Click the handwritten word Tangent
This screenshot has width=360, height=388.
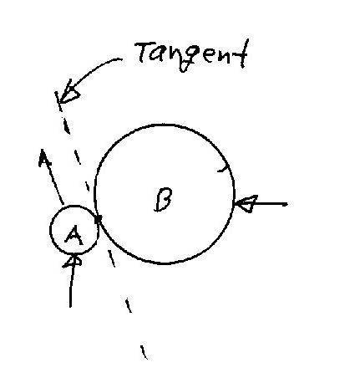tap(192, 54)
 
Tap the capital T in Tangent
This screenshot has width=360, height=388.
tap(145, 52)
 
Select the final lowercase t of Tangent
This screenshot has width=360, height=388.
tap(242, 54)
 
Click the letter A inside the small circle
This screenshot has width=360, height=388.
tap(74, 236)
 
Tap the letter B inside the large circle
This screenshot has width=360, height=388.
tap(163, 200)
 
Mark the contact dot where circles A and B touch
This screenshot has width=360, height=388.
tap(98, 220)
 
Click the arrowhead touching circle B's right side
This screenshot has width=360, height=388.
tap(246, 204)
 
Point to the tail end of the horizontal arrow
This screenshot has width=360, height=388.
tap(286, 205)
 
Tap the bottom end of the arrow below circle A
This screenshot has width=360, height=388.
tap(70, 307)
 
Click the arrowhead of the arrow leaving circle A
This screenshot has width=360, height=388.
tap(43, 158)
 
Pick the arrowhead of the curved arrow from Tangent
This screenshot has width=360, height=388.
tap(68, 93)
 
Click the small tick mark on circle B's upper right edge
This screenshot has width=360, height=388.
tap(225, 168)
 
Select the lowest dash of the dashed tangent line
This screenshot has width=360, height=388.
tap(144, 352)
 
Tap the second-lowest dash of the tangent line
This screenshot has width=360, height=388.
tap(129, 305)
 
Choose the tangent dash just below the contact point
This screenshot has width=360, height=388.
tap(111, 258)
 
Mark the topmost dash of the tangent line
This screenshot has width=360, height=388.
tap(59, 101)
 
